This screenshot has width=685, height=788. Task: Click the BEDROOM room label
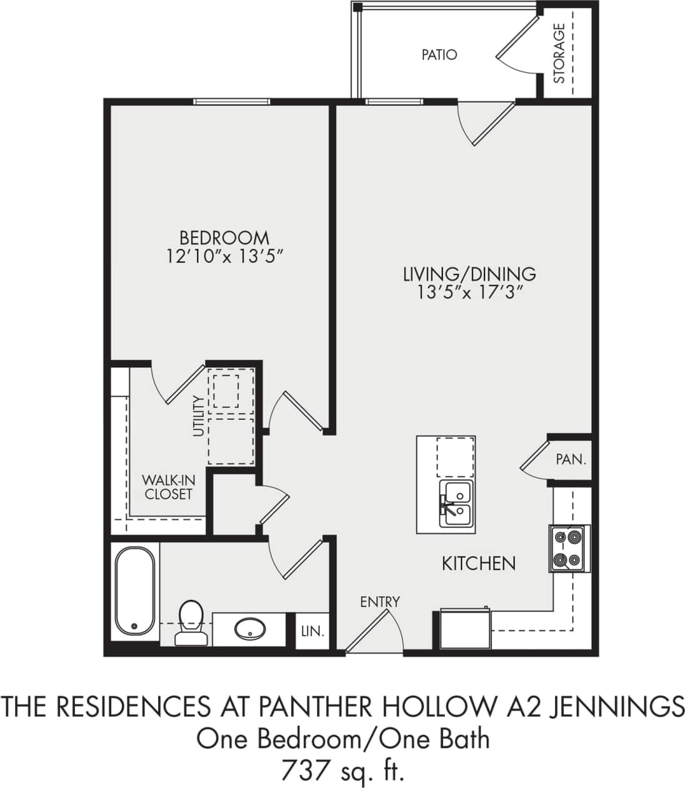click(224, 238)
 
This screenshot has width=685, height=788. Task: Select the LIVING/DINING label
click(469, 274)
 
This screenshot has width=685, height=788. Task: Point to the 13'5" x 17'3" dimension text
click(469, 292)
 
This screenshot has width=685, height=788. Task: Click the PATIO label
click(439, 55)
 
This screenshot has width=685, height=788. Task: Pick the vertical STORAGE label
click(559, 53)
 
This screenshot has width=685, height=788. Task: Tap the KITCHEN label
click(479, 564)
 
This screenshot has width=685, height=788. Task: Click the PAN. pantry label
click(571, 460)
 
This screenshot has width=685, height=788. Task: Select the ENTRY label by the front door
click(379, 602)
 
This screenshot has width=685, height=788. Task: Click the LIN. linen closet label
click(312, 631)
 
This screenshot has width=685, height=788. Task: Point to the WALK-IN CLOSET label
click(168, 487)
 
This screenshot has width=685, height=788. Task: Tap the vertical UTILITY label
click(199, 416)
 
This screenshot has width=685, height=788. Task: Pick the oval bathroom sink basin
click(249, 628)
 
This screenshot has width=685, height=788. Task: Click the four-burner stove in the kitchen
click(569, 548)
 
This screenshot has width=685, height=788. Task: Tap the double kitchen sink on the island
click(456, 504)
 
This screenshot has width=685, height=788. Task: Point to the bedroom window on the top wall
click(231, 102)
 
